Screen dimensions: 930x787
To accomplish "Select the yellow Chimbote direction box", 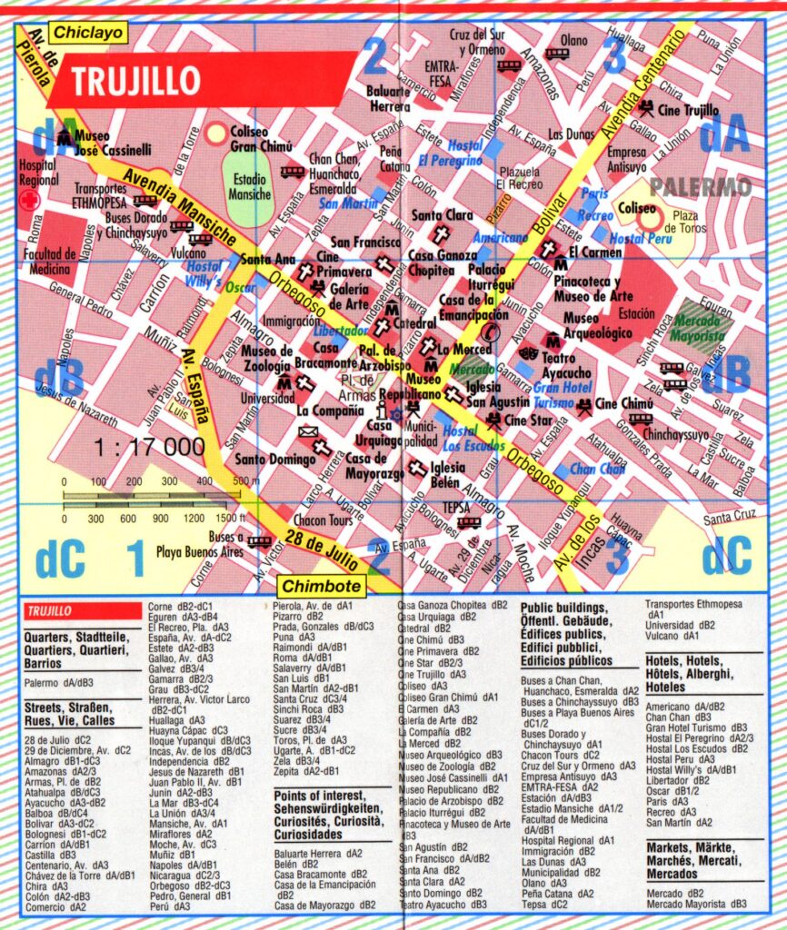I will click(322, 587).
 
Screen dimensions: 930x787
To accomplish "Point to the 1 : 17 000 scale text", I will click(148, 447).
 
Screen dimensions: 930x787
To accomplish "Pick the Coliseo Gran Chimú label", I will click(261, 139).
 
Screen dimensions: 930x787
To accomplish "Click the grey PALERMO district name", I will click(700, 187).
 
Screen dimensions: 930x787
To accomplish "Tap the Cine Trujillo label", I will click(688, 111).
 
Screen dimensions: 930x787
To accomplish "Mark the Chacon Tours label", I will click(323, 520).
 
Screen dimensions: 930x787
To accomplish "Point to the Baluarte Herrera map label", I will click(389, 98).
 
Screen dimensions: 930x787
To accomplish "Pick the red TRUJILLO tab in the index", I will click(81, 611).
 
